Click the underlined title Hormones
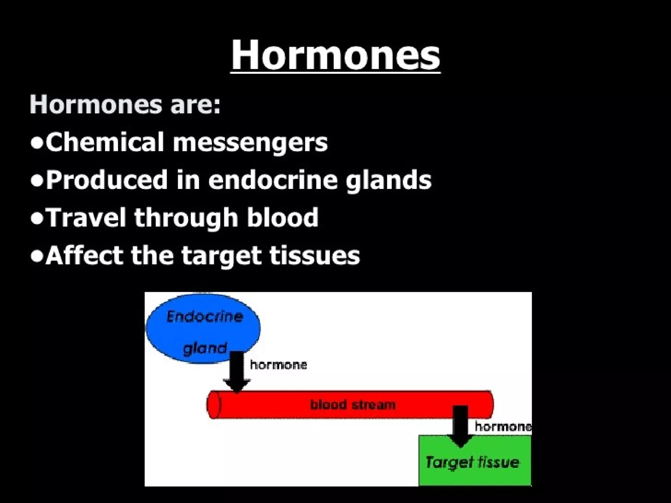click(x=335, y=55)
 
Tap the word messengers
click(x=250, y=143)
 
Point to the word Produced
click(x=107, y=180)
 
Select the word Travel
click(x=86, y=217)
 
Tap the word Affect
click(x=84, y=255)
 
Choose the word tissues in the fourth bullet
click(x=315, y=255)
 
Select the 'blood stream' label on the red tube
click(x=353, y=405)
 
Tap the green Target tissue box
click(x=475, y=465)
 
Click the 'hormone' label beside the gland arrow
click(x=278, y=365)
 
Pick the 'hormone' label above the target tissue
click(x=503, y=426)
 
